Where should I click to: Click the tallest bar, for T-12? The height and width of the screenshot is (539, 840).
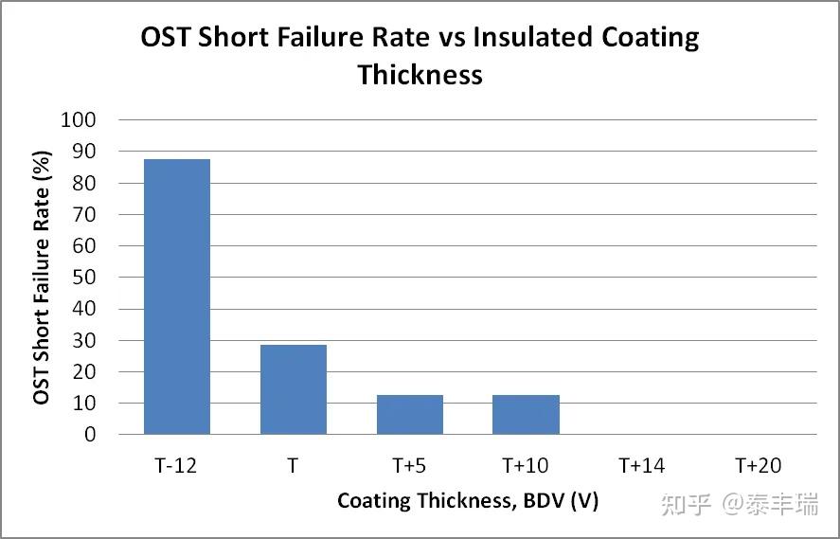pyautogui.click(x=177, y=296)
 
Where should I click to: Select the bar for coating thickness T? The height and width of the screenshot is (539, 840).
pyautogui.click(x=293, y=389)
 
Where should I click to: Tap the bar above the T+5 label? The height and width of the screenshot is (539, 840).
pyautogui.click(x=409, y=414)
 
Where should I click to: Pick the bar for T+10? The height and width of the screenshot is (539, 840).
pyautogui.click(x=526, y=414)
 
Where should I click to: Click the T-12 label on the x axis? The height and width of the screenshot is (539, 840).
pyautogui.click(x=177, y=465)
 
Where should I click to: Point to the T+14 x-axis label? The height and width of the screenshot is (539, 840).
pyautogui.click(x=642, y=465)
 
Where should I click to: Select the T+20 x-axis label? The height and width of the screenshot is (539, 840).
pyautogui.click(x=759, y=465)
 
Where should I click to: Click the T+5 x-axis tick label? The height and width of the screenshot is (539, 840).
pyautogui.click(x=409, y=465)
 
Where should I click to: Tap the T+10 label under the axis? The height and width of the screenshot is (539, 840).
pyautogui.click(x=526, y=465)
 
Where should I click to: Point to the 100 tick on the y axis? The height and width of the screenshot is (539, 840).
pyautogui.click(x=79, y=120)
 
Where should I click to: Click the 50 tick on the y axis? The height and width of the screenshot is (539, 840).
pyautogui.click(x=84, y=278)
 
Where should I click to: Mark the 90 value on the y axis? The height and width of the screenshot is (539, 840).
pyautogui.click(x=84, y=152)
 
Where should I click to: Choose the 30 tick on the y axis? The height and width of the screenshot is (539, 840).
pyautogui.click(x=84, y=340)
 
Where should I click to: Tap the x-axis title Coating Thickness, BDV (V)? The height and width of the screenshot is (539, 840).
pyautogui.click(x=468, y=500)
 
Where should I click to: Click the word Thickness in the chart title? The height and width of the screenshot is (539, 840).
pyautogui.click(x=420, y=75)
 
